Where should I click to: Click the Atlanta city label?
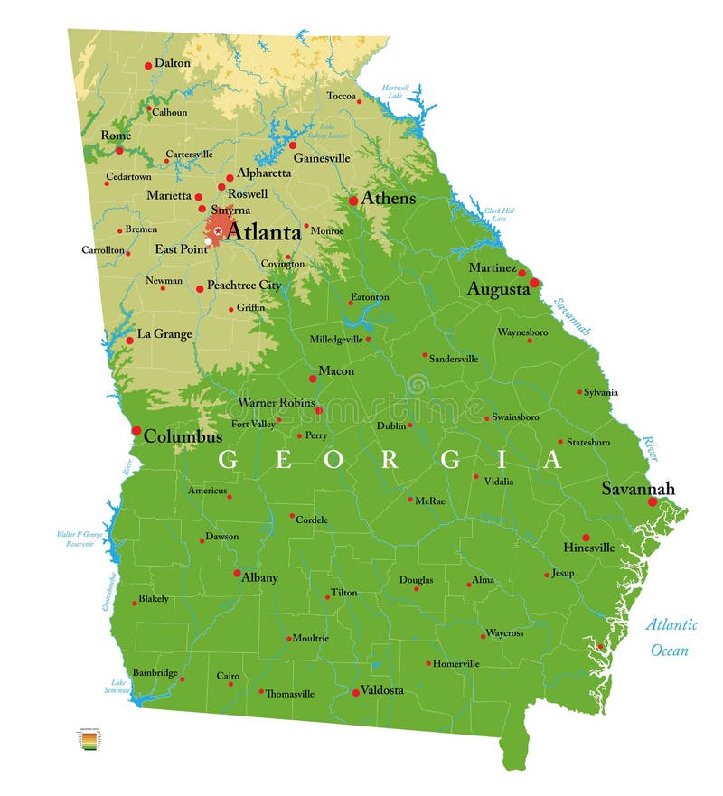click(263, 232)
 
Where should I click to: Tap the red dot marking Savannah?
click(653, 501)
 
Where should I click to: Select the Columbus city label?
click(183, 436)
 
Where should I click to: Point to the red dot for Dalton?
click(148, 66)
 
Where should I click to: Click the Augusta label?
click(498, 290)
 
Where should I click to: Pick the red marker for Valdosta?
click(355, 692)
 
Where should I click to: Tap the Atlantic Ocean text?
click(670, 637)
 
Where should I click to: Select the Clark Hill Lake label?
click(494, 214)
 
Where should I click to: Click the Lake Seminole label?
click(118, 687)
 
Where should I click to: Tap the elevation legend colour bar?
click(89, 741)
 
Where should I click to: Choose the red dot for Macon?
click(313, 379)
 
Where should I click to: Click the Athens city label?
click(389, 199)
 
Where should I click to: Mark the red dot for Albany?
click(237, 573)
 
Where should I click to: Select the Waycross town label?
click(504, 633)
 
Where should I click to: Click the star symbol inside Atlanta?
click(218, 231)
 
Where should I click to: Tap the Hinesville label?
click(588, 548)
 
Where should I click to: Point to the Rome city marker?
click(119, 150)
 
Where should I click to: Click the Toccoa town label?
click(341, 96)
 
